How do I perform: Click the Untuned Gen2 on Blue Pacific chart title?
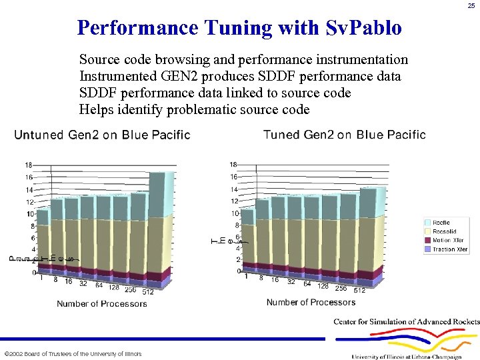pyautogui.click(x=102, y=135)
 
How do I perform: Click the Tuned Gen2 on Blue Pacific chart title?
pyautogui.click(x=344, y=135)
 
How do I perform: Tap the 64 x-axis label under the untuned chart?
pyautogui.click(x=99, y=286)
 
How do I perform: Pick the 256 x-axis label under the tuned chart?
pyautogui.click(x=341, y=289)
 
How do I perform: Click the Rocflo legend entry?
pyautogui.click(x=441, y=223)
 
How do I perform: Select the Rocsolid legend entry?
pyautogui.click(x=443, y=231)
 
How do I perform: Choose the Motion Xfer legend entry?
pyautogui.click(x=447, y=240)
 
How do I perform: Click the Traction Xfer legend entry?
pyautogui.click(x=449, y=249)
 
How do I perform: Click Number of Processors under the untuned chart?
pyautogui.click(x=102, y=304)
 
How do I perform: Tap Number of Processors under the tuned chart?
pyautogui.click(x=311, y=303)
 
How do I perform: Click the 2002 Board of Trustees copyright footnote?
pyautogui.click(x=73, y=354)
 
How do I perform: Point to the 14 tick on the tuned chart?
pyautogui.click(x=234, y=189)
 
